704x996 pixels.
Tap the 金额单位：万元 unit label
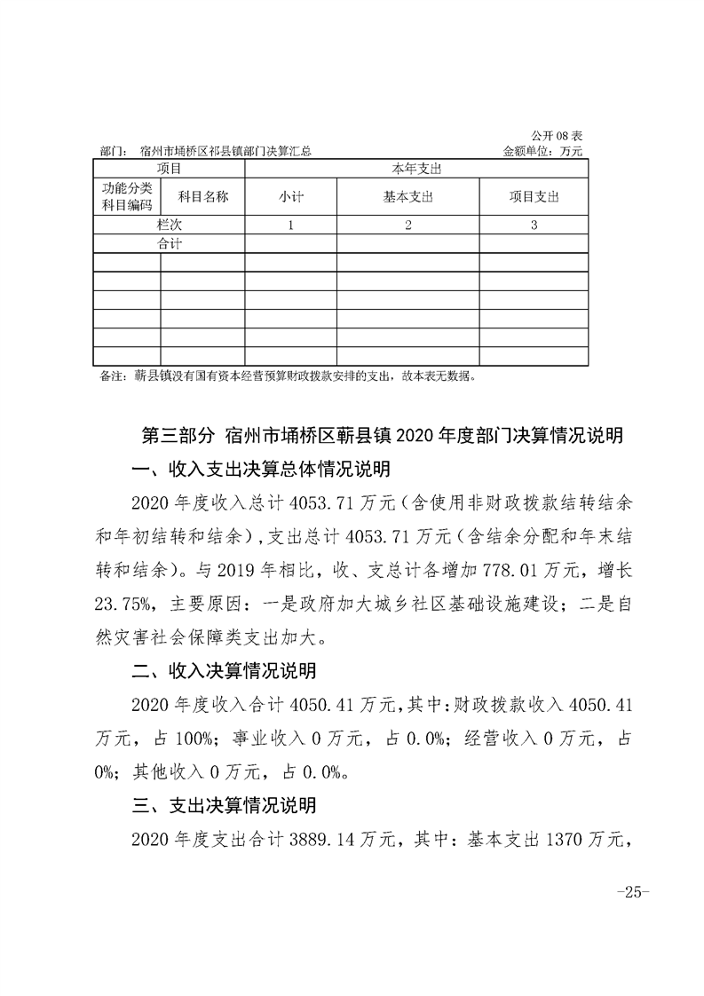(x=542, y=151)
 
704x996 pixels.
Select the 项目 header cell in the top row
(x=169, y=168)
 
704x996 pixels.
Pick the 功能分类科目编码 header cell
(x=127, y=196)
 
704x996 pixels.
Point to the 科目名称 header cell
(x=203, y=196)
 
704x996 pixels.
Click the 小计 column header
(x=291, y=197)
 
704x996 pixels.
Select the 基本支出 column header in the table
(x=407, y=197)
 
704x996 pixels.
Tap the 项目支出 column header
(x=534, y=197)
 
